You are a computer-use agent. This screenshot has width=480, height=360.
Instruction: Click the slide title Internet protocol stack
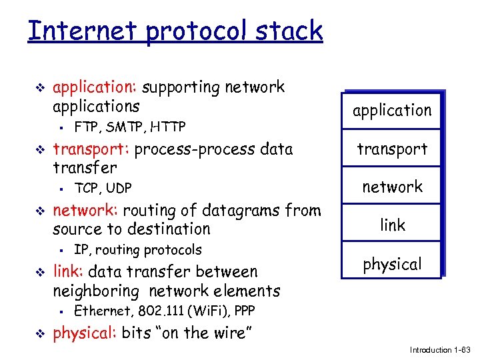pos(175,31)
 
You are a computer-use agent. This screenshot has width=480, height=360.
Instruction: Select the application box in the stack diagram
pos(392,111)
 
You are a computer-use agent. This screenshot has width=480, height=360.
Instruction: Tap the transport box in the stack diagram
pos(392,149)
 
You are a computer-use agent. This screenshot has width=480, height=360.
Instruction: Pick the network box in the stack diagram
pos(392,187)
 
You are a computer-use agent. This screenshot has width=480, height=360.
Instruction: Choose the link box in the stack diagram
pos(392,225)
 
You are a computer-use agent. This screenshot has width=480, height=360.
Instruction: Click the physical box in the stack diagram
pos(392,264)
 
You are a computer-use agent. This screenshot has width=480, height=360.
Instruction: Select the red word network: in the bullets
pos(85,211)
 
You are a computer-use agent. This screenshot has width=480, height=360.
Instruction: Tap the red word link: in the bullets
pos(68,272)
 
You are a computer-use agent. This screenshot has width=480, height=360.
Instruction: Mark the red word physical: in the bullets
pos(85,333)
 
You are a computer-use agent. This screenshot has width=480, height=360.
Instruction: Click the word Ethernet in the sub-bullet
pos(98,311)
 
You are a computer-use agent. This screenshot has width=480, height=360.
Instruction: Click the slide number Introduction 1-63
pos(440,350)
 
